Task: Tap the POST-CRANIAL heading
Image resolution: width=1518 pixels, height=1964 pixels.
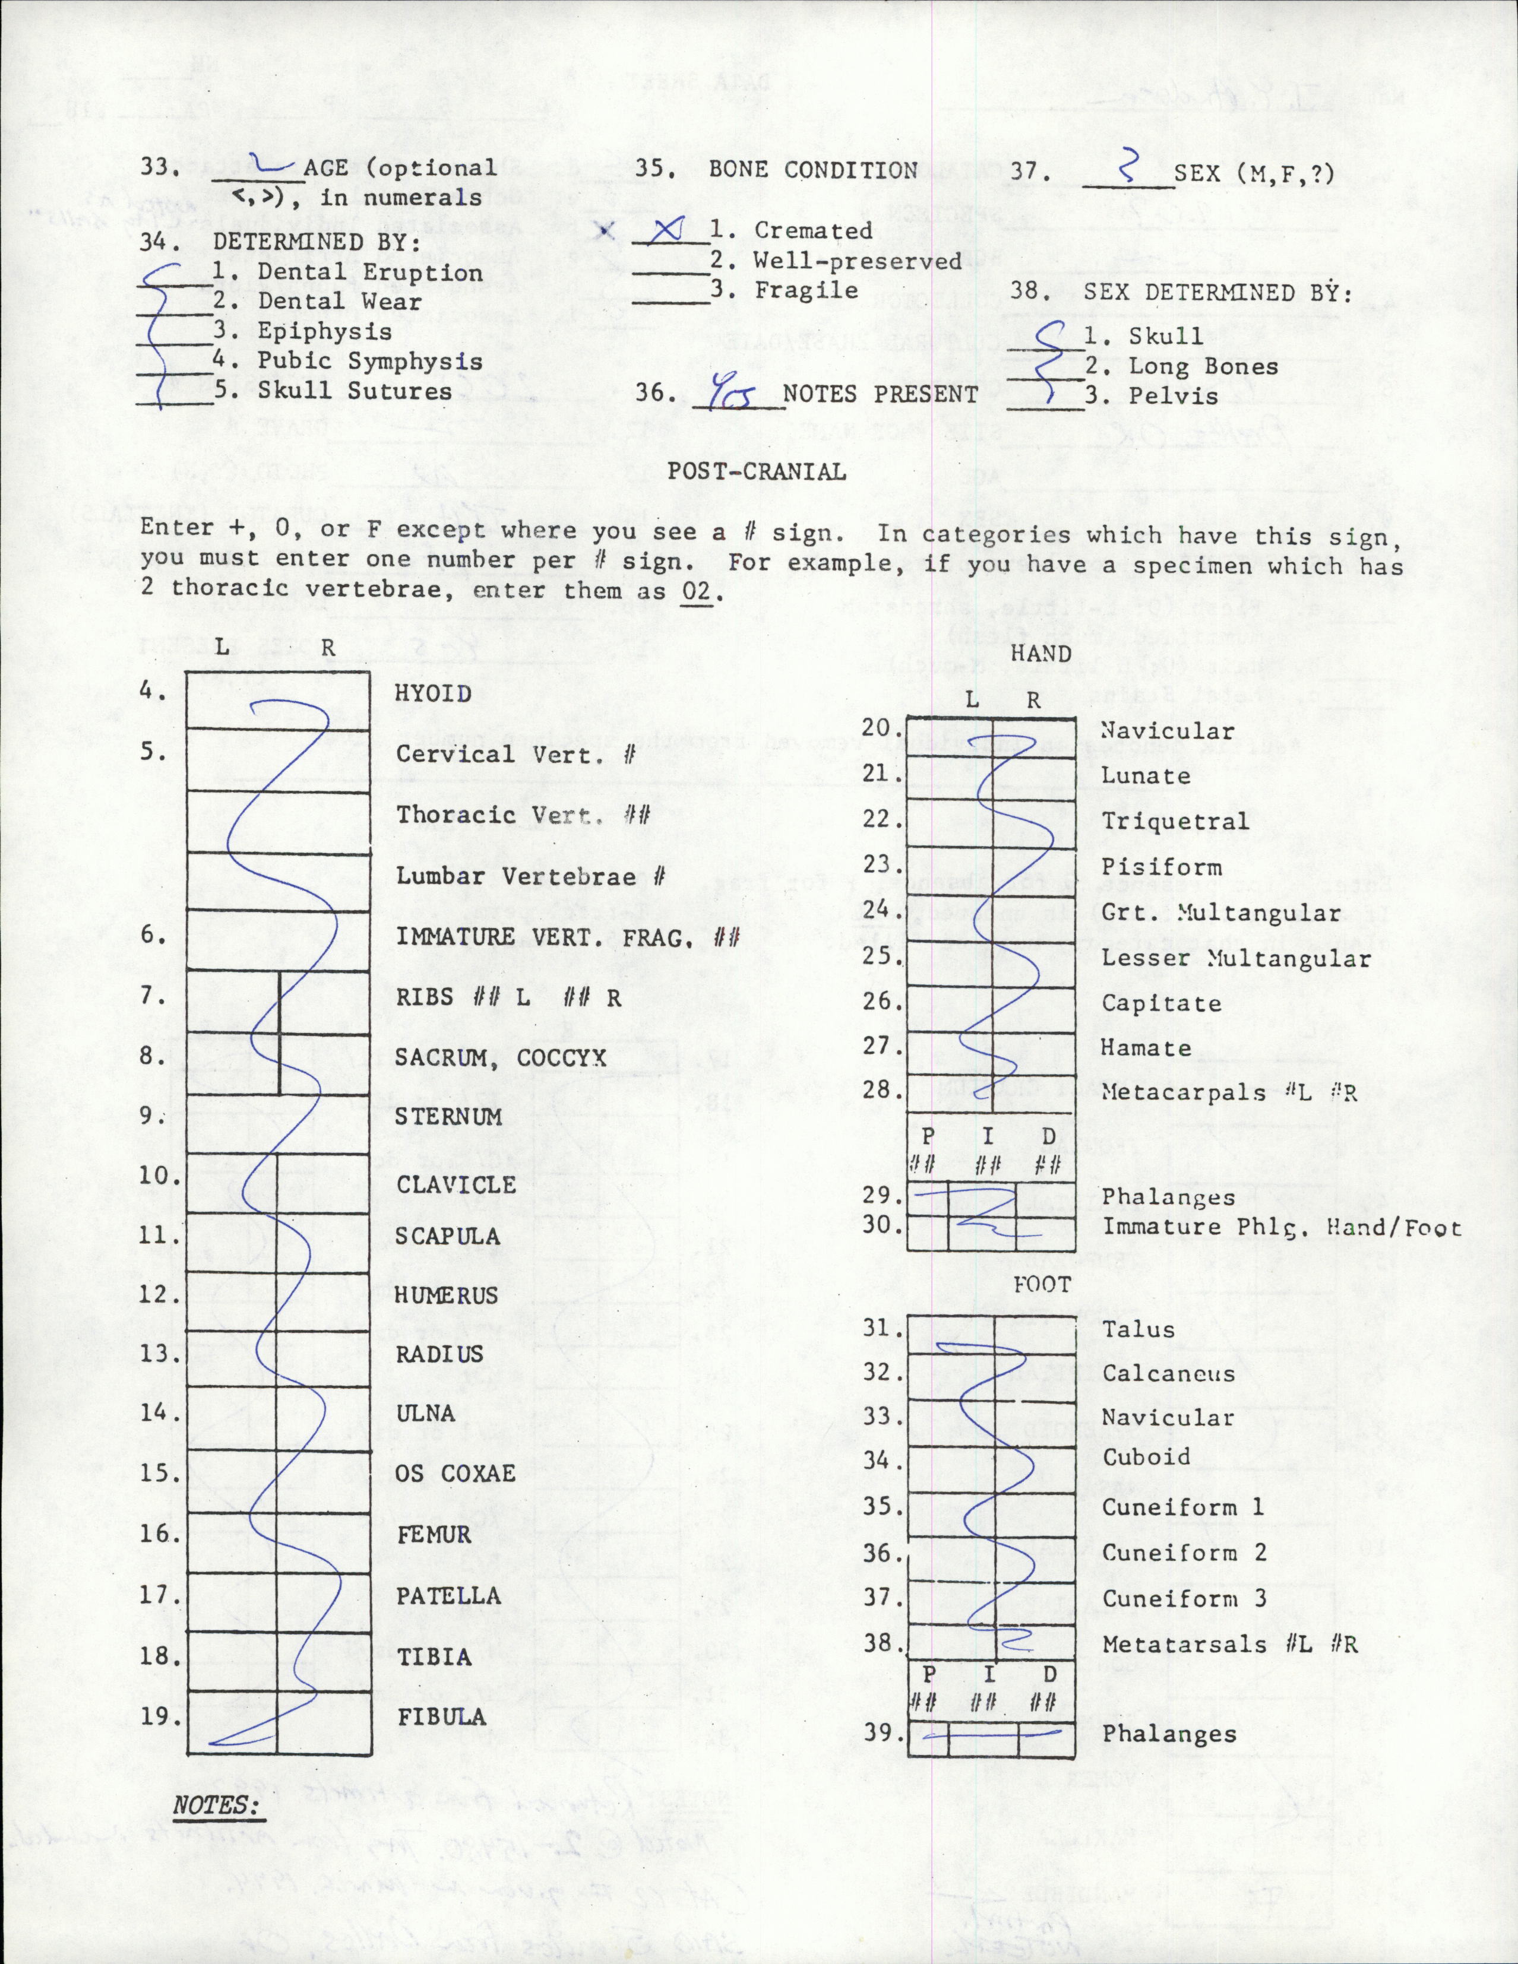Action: pyautogui.click(x=756, y=472)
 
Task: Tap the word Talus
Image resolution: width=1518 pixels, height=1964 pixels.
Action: pyautogui.click(x=1138, y=1329)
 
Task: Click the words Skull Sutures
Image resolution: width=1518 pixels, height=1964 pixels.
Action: pyautogui.click(x=355, y=391)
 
